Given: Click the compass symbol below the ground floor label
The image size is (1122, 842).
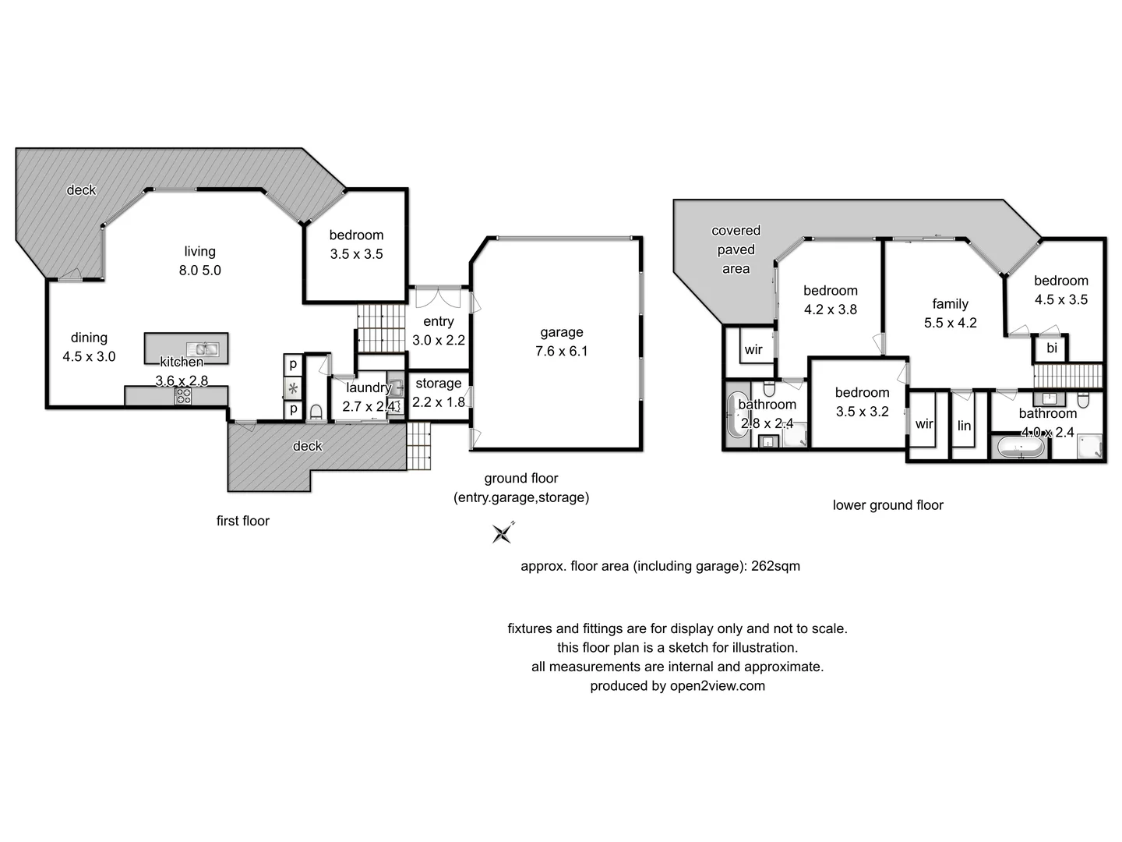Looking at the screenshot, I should (503, 532).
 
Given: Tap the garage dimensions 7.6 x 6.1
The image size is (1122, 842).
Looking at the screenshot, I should (561, 351).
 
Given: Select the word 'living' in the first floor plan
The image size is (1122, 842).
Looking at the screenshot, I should (199, 251).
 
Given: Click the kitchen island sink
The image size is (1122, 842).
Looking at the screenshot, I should (202, 348).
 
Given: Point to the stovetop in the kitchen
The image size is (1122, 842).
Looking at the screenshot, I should (183, 396).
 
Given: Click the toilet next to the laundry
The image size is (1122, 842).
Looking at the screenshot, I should (316, 411).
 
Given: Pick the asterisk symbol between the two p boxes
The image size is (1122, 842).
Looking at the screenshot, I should (293, 387).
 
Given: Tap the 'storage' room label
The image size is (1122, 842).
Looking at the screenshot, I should (438, 383).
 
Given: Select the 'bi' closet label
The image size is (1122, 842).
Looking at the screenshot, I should (1051, 348).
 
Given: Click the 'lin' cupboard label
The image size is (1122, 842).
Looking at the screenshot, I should (964, 426).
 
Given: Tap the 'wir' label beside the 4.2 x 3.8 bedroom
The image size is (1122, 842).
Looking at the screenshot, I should (753, 349).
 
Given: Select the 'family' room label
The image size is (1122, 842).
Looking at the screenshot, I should (950, 303).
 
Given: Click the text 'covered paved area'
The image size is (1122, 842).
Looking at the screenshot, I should (736, 249).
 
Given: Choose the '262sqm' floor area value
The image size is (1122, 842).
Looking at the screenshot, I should (775, 566).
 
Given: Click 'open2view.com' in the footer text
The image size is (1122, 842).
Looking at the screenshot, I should (717, 686).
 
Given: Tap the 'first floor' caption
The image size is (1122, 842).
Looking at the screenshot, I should (242, 521).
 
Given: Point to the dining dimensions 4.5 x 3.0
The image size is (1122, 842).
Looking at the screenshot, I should (89, 356).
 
